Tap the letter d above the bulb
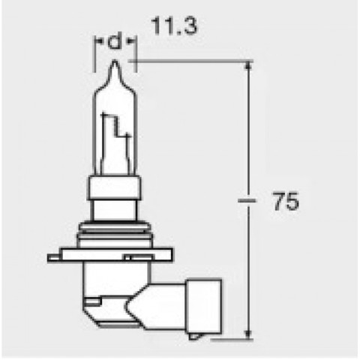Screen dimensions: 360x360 [114, 43]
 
